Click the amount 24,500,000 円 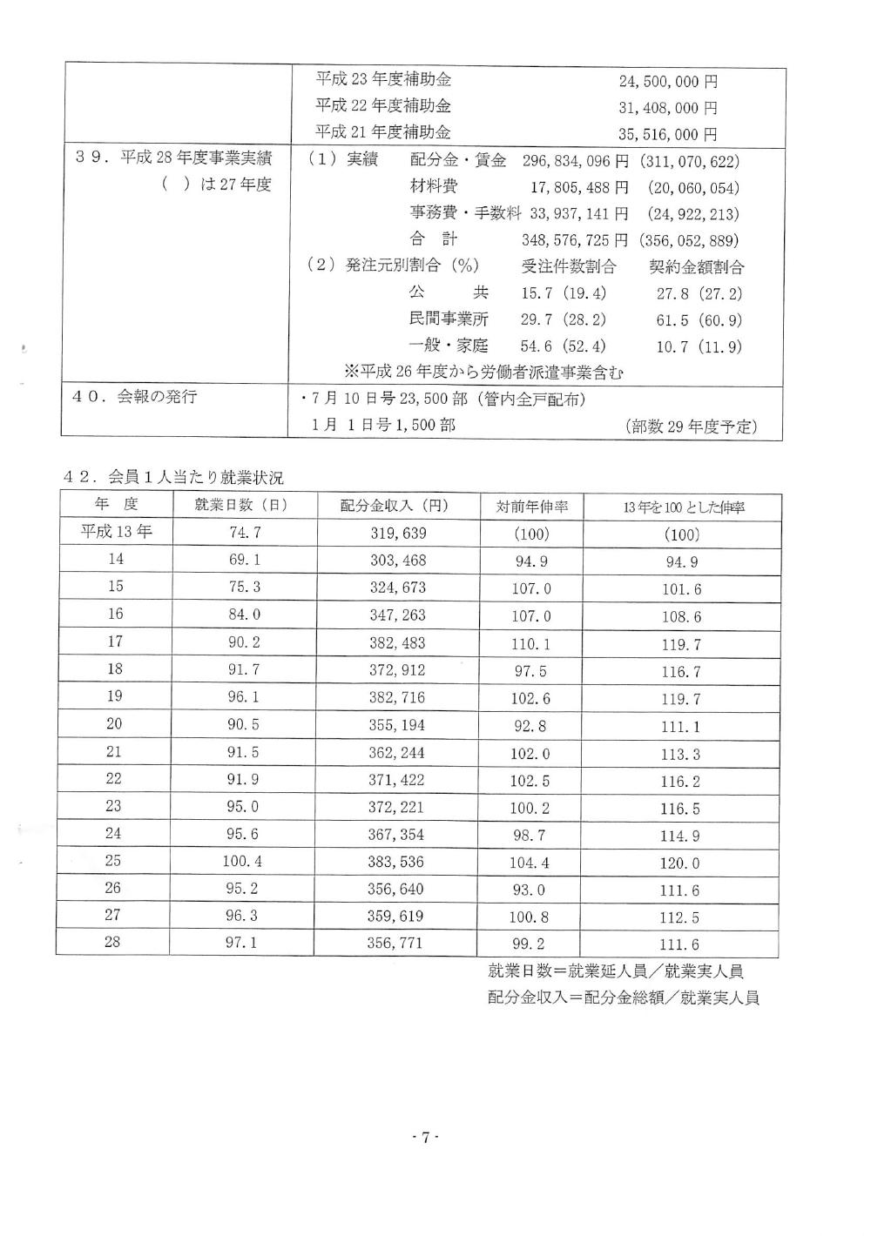tap(668, 82)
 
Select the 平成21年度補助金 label tap(383, 133)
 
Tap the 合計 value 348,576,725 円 tap(574, 240)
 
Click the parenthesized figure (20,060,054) tap(693, 188)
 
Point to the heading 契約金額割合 tap(697, 267)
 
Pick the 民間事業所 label tap(449, 319)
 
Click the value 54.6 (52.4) tap(564, 346)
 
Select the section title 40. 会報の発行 tap(134, 397)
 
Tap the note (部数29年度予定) tap(691, 427)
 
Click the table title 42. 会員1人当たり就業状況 tap(174, 477)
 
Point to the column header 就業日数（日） tap(243, 506)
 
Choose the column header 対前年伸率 tap(531, 507)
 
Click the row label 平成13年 tap(116, 532)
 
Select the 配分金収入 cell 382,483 tap(398, 643)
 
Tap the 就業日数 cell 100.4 tap(243, 862)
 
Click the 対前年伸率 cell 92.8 tap(530, 726)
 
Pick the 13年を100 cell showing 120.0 tap(679, 863)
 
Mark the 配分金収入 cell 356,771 tap(398, 943)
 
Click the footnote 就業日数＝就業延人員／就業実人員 tap(615, 971)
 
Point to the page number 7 tap(424, 1138)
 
